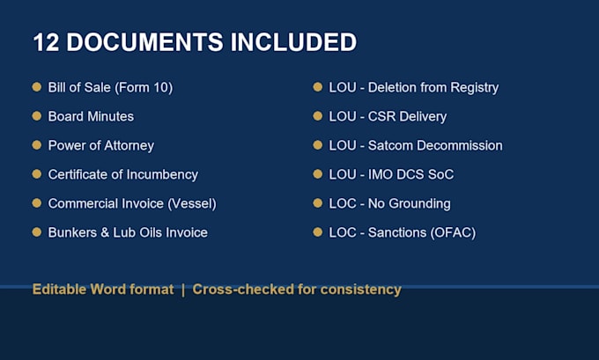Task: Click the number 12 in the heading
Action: point(46,42)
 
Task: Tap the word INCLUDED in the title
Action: point(293,42)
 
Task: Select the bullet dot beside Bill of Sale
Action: point(37,87)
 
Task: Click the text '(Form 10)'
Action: point(144,88)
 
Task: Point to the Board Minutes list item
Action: point(91,116)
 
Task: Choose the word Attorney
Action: point(129,146)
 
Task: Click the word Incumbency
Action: point(162,175)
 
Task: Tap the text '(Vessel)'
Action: point(192,204)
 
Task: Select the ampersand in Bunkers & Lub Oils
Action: point(105,232)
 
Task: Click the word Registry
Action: point(475,88)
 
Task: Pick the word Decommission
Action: point(460,145)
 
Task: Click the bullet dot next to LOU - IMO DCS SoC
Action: point(318,174)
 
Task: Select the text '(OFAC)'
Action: point(453,233)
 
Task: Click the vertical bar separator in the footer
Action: point(183,290)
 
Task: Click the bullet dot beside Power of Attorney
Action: point(37,145)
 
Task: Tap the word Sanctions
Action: point(397,232)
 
